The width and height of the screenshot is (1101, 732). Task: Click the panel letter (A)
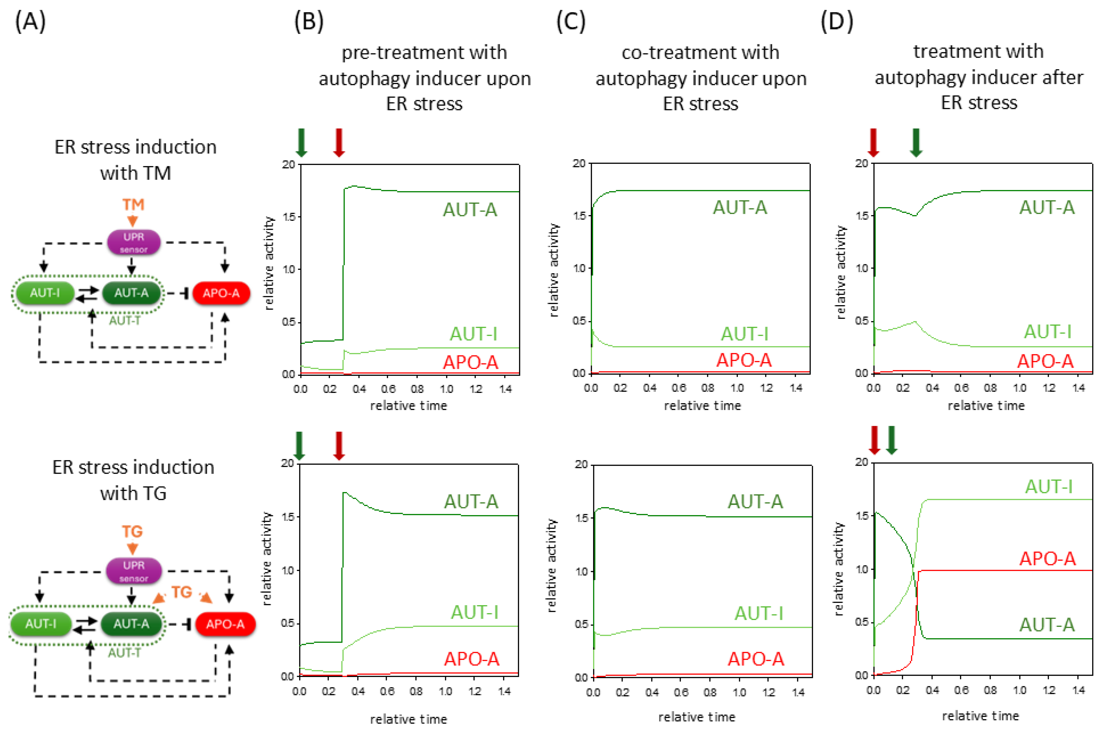coord(30,22)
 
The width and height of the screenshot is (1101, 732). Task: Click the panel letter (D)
coord(837,22)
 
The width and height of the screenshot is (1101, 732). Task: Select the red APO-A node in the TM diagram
coord(221,293)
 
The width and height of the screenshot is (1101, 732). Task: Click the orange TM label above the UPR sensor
coord(133,205)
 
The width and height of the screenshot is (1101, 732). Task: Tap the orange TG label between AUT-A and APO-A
coord(182,592)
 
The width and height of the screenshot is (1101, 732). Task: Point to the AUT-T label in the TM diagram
coord(124,321)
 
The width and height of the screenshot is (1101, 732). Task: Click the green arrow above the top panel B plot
coord(301,142)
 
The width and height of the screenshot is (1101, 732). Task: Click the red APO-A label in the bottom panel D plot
coord(1047,558)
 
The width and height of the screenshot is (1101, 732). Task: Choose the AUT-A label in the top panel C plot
coord(740,207)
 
